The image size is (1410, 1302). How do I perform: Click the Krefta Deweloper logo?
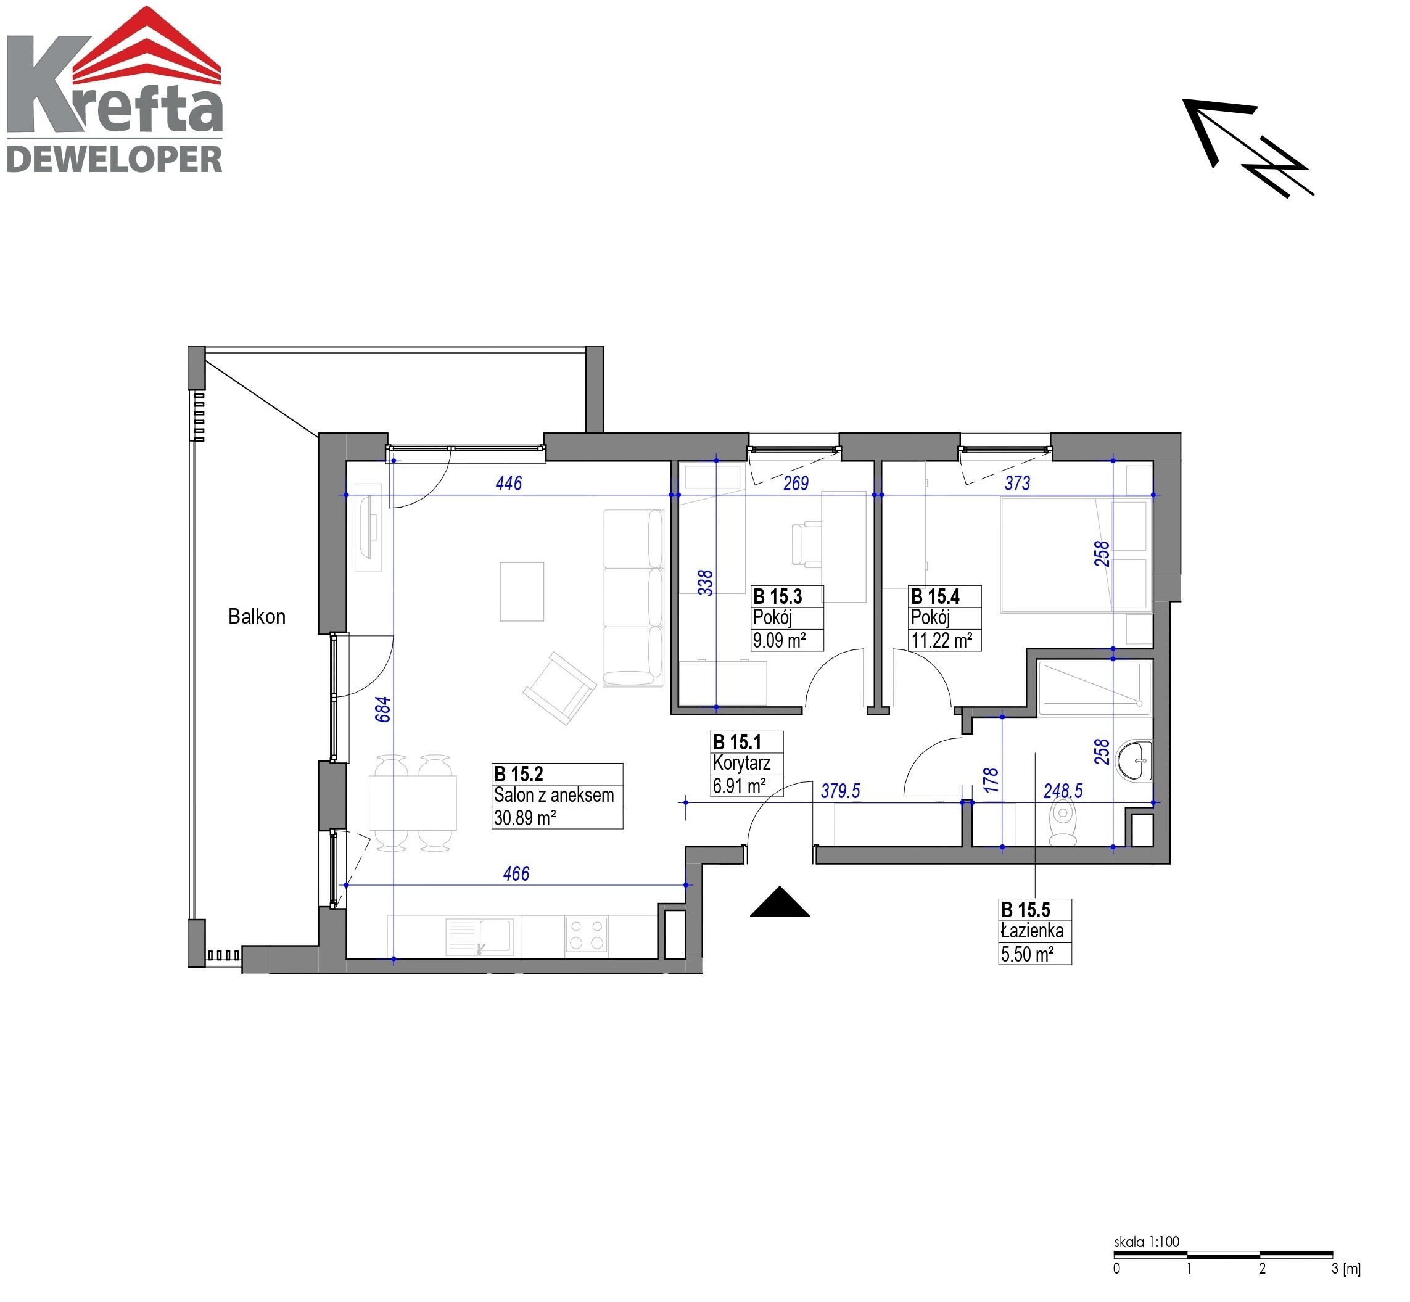click(x=114, y=89)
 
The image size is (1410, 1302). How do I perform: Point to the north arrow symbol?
click(x=1247, y=147)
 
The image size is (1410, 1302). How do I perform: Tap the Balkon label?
click(x=257, y=617)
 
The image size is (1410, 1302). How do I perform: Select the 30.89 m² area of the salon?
click(x=524, y=818)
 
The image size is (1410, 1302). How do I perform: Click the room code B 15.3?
click(x=777, y=597)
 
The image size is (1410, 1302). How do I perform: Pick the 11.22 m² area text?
click(x=941, y=640)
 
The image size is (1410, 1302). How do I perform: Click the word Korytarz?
click(x=741, y=763)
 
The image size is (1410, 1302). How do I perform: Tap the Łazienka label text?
click(x=1032, y=931)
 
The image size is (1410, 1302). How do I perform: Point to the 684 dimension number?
click(x=382, y=709)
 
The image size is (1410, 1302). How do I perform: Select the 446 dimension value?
click(x=509, y=484)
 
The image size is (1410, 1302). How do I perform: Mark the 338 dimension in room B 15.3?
click(x=704, y=583)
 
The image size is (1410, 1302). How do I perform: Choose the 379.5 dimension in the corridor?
click(x=840, y=791)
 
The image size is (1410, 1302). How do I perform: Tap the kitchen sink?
click(x=479, y=936)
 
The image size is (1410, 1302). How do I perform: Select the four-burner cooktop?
click(x=587, y=936)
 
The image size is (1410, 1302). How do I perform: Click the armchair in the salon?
click(x=559, y=688)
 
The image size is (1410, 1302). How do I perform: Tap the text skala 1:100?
click(x=1147, y=1242)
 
